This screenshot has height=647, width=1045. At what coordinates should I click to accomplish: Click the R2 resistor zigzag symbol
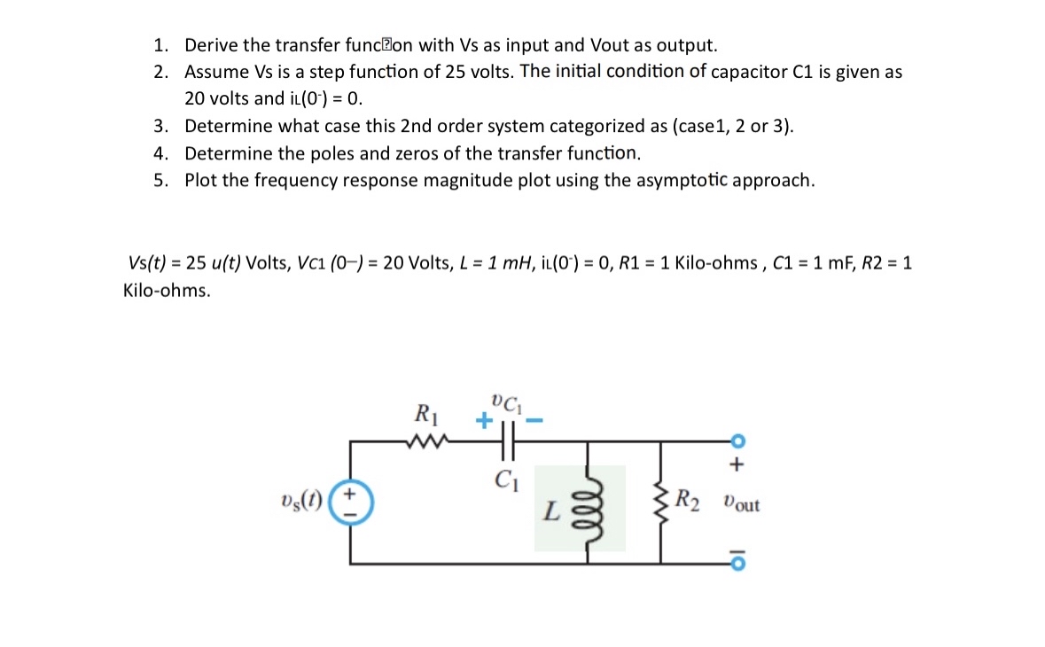coord(660,506)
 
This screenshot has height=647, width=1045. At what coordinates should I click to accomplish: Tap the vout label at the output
coord(741,504)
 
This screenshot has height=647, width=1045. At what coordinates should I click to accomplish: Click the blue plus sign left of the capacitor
coord(482,420)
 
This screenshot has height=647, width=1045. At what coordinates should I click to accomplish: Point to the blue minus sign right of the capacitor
coord(534,420)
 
